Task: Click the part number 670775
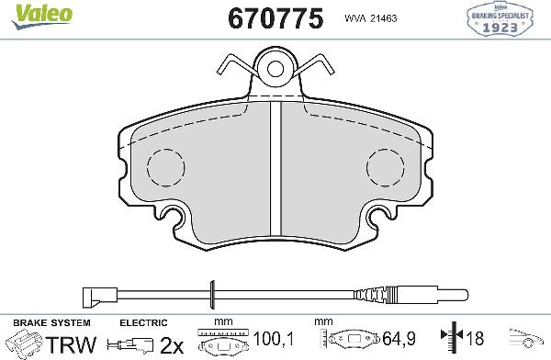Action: point(270,18)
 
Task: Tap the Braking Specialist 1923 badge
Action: point(509,19)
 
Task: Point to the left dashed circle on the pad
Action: point(167,168)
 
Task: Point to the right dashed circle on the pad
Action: point(387,168)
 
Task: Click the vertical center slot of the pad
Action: point(275,170)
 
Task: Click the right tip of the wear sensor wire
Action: point(462,295)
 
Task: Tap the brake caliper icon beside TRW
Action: point(22,345)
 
